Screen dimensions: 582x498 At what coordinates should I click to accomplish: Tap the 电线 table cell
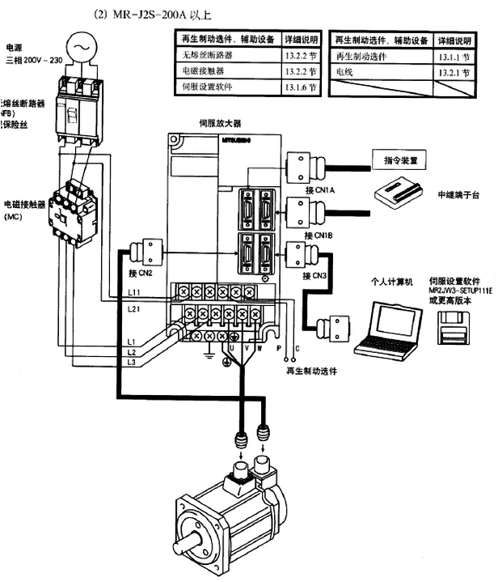click(x=348, y=71)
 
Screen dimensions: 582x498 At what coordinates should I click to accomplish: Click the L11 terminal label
click(x=134, y=290)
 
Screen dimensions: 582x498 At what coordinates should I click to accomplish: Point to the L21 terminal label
click(x=134, y=309)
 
